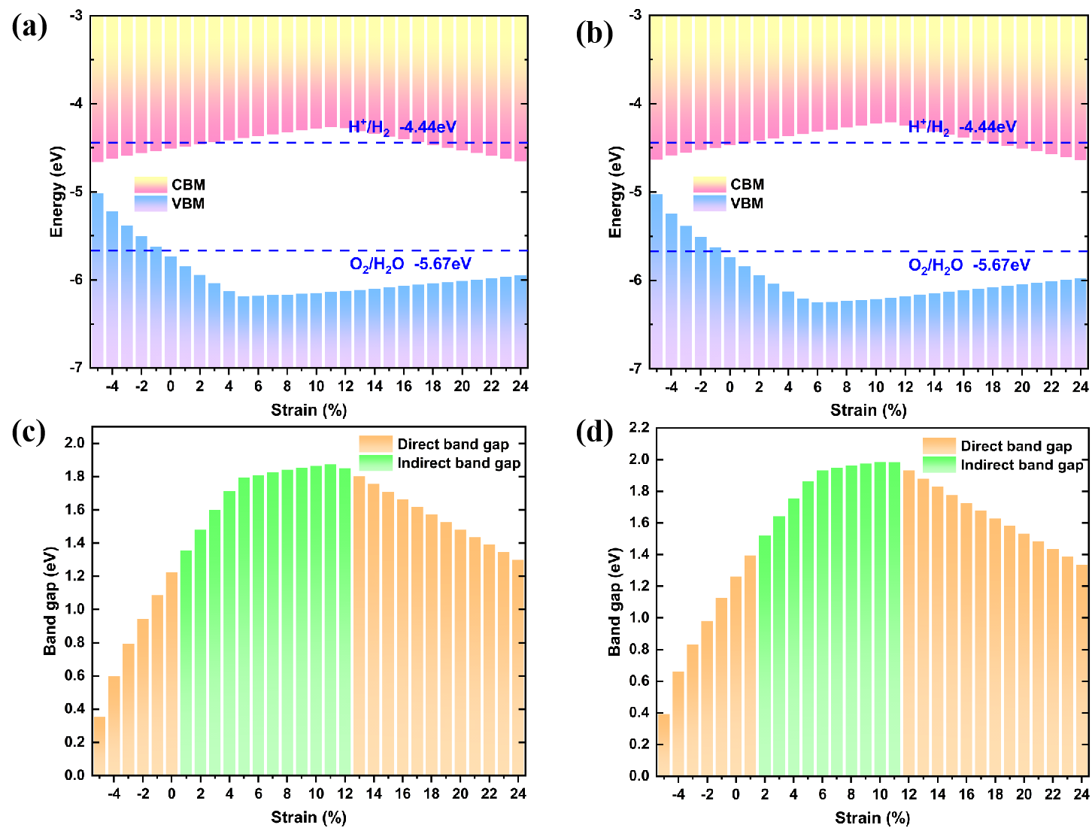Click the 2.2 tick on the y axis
point(639,428)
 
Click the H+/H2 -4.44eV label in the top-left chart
point(402,127)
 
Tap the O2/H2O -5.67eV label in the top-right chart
point(969,265)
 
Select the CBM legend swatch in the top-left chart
point(150,185)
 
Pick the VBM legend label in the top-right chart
point(747,203)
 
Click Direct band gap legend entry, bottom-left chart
point(453,444)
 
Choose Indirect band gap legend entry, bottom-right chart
point(1021,465)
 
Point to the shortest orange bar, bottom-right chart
point(663,745)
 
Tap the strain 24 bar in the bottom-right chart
point(1082,670)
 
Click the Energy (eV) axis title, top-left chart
point(56,192)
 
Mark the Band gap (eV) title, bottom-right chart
point(614,602)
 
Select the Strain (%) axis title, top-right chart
point(868,410)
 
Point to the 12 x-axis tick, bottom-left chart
point(345,793)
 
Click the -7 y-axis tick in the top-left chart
point(76,368)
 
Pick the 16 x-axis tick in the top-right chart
point(963,387)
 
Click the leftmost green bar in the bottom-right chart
point(765,655)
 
